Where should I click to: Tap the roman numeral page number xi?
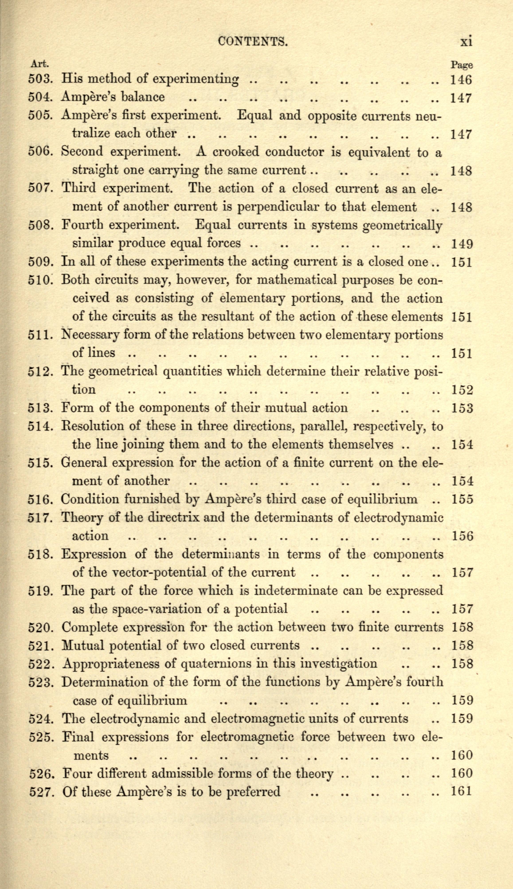tap(466, 42)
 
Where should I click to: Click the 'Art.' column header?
tap(39, 64)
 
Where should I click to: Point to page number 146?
tap(461, 80)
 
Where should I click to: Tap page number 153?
tap(462, 408)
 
